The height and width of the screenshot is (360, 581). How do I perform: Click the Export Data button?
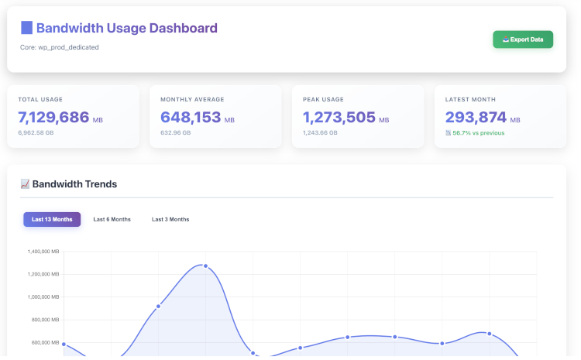(x=523, y=39)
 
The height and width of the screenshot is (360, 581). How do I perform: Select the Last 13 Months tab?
(x=52, y=219)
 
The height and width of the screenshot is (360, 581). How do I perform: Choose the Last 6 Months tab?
(x=112, y=219)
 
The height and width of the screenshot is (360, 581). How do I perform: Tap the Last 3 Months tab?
(x=170, y=219)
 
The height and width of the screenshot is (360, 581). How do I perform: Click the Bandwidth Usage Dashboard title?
(x=126, y=29)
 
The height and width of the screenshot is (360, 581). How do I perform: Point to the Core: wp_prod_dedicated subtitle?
(x=60, y=47)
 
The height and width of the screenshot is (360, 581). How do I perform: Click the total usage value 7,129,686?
(x=53, y=118)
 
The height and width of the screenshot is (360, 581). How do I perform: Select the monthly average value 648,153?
(x=190, y=118)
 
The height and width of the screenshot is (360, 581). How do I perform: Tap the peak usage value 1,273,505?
(x=339, y=118)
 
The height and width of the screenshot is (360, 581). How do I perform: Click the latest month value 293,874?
(x=476, y=118)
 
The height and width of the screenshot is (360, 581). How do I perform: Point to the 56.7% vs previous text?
(x=478, y=133)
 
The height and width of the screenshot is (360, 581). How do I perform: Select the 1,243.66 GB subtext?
(x=320, y=133)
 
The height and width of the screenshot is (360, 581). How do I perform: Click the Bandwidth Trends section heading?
(x=74, y=184)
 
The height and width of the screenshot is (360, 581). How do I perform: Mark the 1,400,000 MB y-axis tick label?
(x=43, y=252)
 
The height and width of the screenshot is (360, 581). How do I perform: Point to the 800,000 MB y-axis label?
(x=45, y=320)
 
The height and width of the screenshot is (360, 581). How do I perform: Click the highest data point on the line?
(x=205, y=266)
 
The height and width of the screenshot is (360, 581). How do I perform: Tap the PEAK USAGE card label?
(x=323, y=100)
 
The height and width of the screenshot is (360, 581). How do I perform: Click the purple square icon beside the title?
(x=26, y=29)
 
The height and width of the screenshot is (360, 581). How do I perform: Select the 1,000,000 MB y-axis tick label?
(x=43, y=297)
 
